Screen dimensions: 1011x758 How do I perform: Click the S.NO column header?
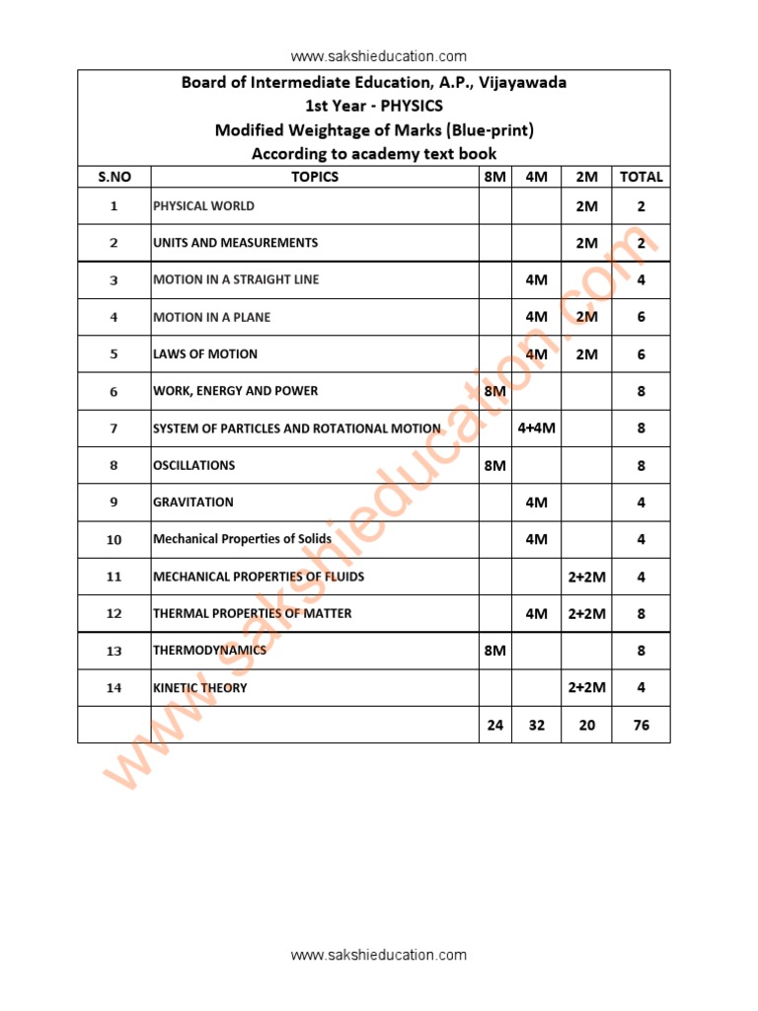click(114, 177)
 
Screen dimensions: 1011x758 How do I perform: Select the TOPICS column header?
click(315, 177)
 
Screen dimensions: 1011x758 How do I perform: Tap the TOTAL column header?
click(641, 177)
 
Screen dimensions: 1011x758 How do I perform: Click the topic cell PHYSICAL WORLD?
click(203, 206)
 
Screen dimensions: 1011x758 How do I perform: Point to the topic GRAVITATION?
click(193, 503)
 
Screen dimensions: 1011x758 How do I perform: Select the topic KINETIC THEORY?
click(200, 688)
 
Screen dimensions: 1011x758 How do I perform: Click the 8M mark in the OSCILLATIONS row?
click(494, 466)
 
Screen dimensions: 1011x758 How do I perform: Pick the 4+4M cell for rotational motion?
click(537, 428)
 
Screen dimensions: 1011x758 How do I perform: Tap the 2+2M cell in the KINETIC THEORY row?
click(587, 688)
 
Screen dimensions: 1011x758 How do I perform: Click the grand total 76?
click(641, 726)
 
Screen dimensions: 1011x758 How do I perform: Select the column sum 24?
click(494, 726)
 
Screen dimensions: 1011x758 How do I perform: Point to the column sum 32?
click(537, 726)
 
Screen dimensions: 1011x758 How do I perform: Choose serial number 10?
click(114, 540)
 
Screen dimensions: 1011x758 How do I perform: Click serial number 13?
click(114, 652)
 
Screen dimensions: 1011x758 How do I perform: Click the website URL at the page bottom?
click(379, 955)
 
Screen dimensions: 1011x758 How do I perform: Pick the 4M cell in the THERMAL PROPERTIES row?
click(537, 614)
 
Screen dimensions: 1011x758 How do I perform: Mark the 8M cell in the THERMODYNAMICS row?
click(494, 652)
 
